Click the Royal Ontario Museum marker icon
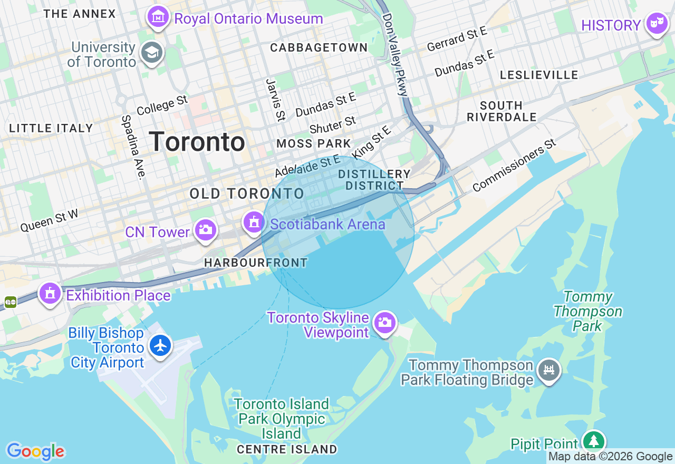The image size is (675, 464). point(158,17)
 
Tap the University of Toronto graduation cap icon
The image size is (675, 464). point(152,52)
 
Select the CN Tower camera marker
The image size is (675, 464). point(205,230)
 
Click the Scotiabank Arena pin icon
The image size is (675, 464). point(254,222)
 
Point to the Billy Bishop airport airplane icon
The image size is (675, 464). point(161,345)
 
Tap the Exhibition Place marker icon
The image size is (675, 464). point(50,293)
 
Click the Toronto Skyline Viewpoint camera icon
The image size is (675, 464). point(385,322)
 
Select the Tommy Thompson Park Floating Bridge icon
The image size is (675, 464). point(548,370)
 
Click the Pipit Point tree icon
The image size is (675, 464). point(594,441)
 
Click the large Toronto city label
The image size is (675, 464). point(197,142)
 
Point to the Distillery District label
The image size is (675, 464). point(374,180)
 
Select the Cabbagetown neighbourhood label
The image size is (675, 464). point(319,47)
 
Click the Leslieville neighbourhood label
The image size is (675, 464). point(539,75)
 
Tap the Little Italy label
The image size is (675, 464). point(51,128)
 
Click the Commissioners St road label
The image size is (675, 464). point(514,166)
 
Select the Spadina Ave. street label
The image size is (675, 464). point(133,147)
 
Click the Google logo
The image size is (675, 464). point(35,451)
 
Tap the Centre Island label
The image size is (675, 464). point(287,449)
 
